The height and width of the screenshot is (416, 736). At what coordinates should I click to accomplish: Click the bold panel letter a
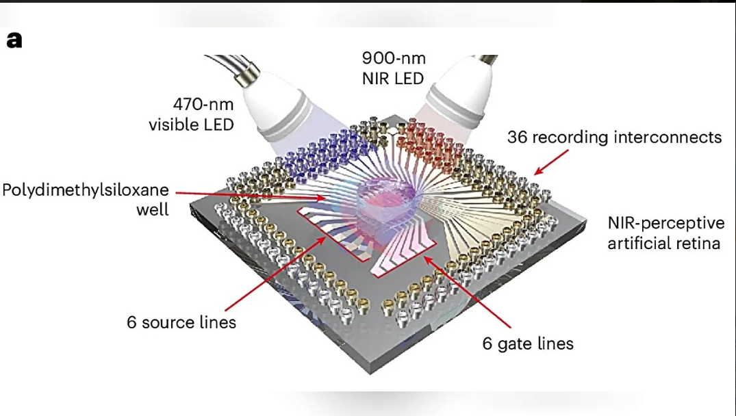point(14,40)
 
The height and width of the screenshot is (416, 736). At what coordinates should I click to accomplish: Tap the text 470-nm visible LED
point(191,115)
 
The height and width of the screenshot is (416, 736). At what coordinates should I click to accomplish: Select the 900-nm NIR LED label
point(393,68)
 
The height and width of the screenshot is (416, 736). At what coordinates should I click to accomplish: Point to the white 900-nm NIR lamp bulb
point(455,88)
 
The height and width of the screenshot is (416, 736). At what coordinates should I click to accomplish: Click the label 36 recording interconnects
point(614,137)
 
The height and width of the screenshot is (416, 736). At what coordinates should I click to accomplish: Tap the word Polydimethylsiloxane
point(85,190)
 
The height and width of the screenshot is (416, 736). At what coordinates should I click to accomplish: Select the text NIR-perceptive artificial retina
point(664,233)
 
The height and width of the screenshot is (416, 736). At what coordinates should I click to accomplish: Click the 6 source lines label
point(181,322)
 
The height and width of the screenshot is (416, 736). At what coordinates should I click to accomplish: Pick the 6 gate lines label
point(528,343)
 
